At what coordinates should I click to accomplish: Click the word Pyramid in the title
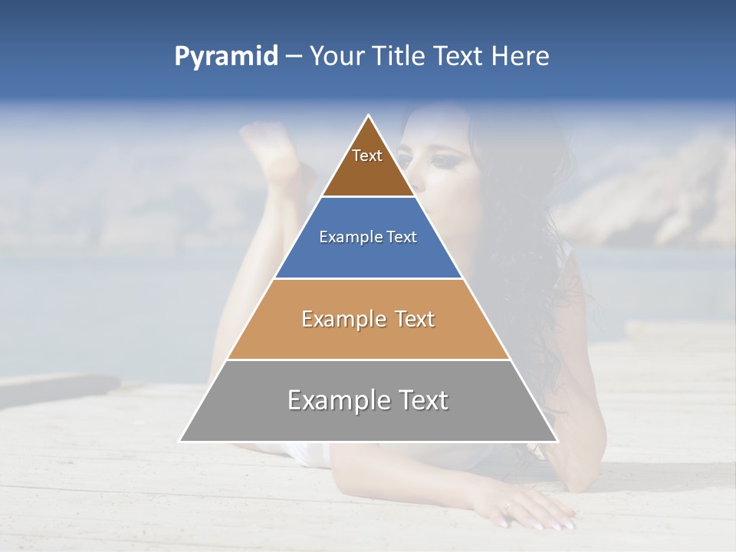click(226, 57)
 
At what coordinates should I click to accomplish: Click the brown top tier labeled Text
click(368, 165)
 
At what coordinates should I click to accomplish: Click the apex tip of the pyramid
click(369, 117)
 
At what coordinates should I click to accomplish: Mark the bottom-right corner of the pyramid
click(556, 440)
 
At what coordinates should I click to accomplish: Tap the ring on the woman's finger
click(508, 505)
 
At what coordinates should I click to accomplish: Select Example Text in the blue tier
click(368, 237)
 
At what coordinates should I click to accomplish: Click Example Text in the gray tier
click(368, 400)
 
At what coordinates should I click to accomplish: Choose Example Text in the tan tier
click(368, 319)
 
